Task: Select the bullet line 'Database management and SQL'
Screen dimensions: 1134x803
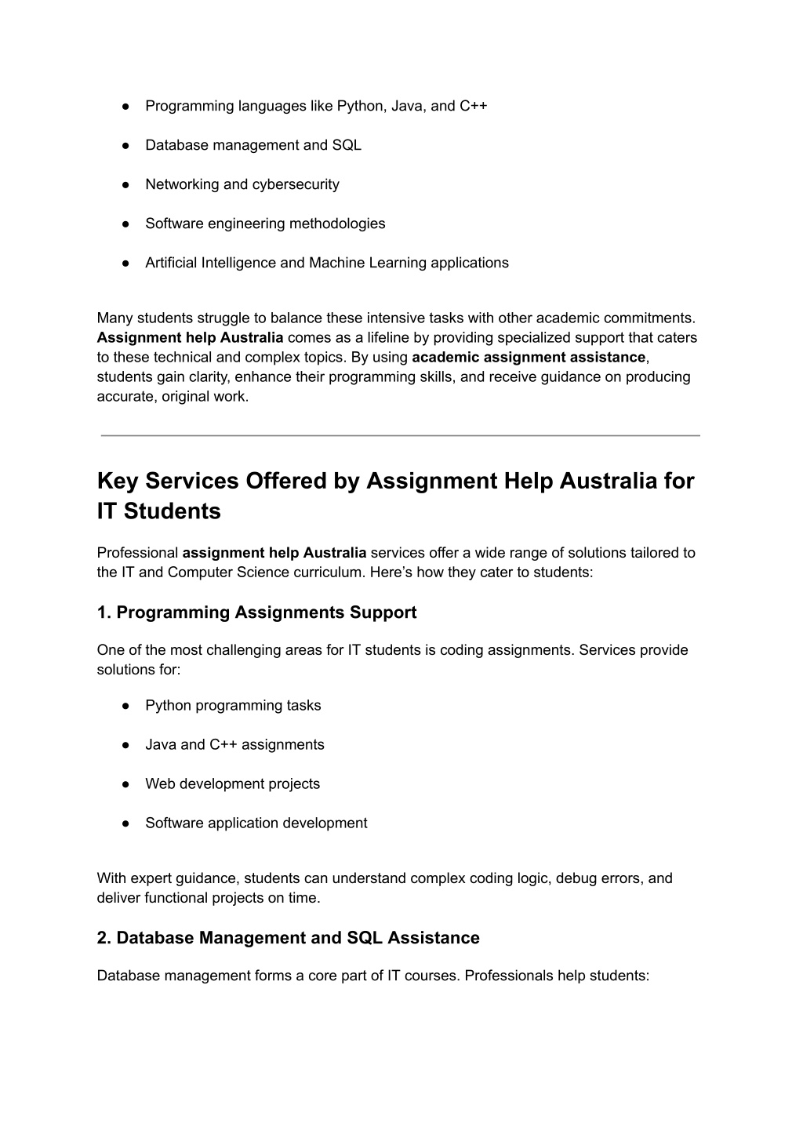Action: tap(253, 145)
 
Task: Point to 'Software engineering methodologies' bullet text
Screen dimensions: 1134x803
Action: tap(265, 224)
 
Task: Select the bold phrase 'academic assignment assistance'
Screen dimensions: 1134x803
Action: tap(528, 358)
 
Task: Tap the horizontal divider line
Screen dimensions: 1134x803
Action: tap(400, 435)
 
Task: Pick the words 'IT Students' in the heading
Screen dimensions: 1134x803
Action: tap(159, 512)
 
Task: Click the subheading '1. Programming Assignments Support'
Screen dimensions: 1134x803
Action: tap(256, 612)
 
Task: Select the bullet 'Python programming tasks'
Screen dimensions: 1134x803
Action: tap(233, 706)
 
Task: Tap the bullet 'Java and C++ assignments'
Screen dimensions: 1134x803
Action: tap(234, 745)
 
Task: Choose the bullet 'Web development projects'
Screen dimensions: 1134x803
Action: tap(232, 784)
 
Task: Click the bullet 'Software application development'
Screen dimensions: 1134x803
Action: tap(256, 823)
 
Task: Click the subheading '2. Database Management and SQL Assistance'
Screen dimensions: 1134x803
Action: tap(288, 938)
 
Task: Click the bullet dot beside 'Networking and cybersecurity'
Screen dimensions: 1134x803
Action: tap(125, 185)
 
